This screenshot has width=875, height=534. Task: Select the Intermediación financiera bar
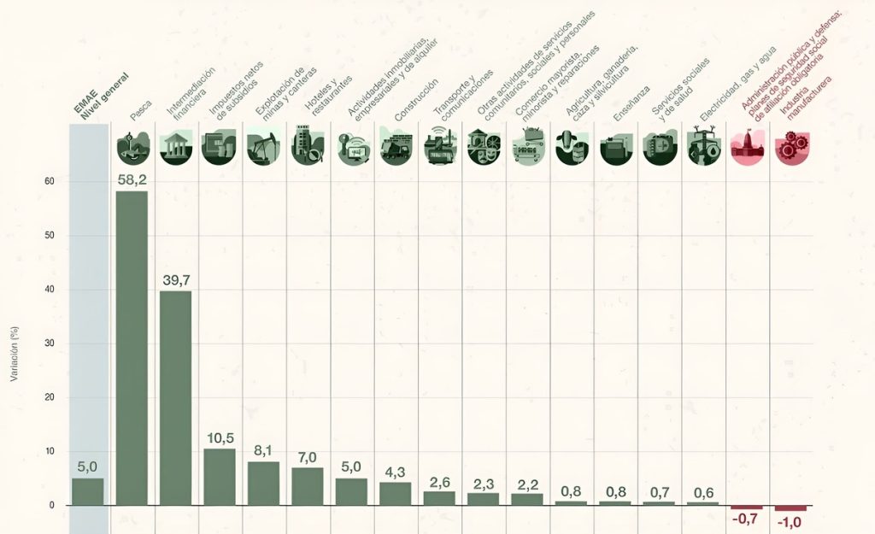click(176, 397)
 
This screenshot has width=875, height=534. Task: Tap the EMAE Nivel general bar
click(87, 491)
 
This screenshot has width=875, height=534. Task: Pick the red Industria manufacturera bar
click(790, 508)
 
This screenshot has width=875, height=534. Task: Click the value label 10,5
click(220, 438)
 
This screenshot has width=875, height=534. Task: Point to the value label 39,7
click(176, 280)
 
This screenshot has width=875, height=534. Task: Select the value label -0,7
click(746, 518)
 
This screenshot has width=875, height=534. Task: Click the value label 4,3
click(396, 472)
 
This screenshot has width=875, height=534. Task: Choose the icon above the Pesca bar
click(132, 147)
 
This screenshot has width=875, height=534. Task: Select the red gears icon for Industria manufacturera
click(790, 147)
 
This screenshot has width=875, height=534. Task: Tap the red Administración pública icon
click(746, 147)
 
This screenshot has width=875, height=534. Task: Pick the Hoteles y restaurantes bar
click(308, 486)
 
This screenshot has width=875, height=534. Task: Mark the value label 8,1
click(263, 450)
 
